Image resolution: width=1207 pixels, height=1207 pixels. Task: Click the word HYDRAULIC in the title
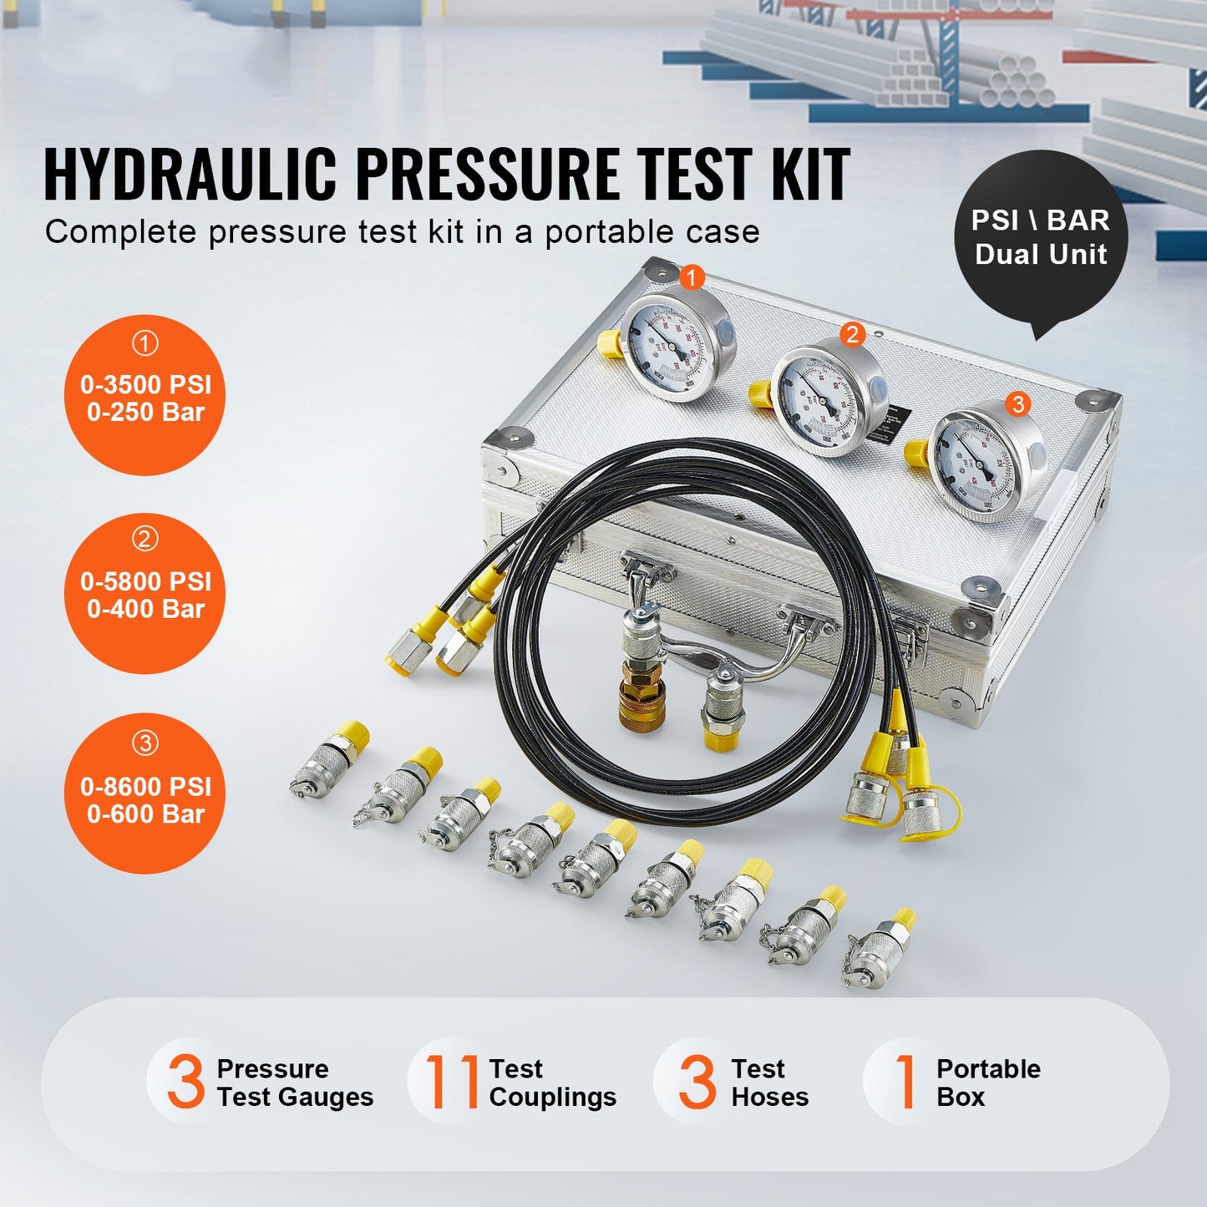pos(190,175)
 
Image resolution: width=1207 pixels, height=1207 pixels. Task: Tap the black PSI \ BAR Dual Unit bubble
pos(1041,237)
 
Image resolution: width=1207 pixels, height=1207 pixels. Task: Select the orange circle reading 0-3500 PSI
pos(145,395)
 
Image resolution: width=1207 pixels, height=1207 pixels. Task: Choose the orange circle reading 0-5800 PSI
pos(145,593)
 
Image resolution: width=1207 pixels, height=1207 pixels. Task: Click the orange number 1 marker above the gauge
pos(692,276)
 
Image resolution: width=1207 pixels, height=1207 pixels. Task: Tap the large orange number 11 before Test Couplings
pos(451,1083)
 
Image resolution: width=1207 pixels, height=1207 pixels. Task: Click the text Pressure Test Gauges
pos(294,1083)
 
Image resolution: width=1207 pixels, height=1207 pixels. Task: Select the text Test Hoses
pos(769,1083)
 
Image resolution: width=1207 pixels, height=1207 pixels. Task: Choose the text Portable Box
pos(988,1083)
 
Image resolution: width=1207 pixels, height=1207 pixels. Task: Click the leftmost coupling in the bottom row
pos(330,760)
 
